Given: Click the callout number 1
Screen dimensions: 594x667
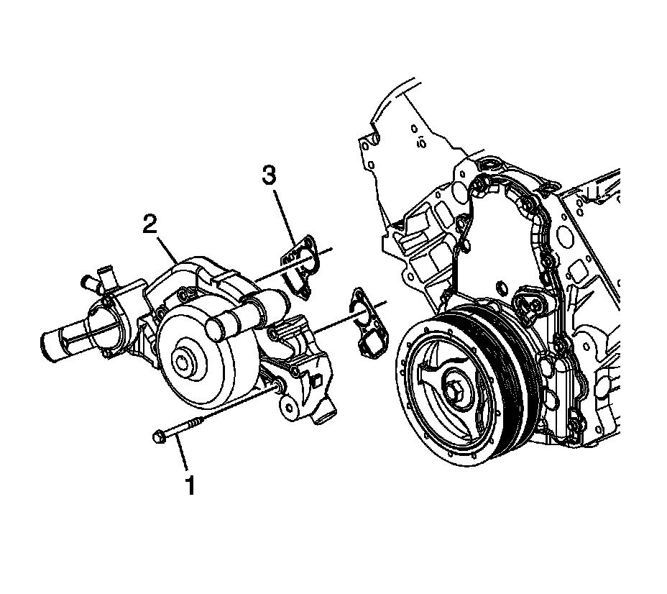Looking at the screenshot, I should click(x=190, y=486).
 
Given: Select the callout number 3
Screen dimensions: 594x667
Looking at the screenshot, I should click(x=267, y=175).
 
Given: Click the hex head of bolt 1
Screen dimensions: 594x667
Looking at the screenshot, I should click(x=159, y=435).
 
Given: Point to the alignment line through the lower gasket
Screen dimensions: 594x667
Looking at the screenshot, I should click(x=338, y=319).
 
